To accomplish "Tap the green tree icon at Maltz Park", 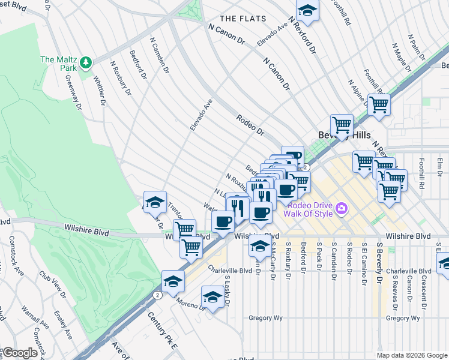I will click(x=86, y=61).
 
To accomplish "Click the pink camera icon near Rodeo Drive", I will click(x=342, y=209).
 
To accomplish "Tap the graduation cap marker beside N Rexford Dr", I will click(x=307, y=10).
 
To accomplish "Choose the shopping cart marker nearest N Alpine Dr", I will click(x=379, y=105).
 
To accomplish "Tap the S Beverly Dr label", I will click(x=380, y=263).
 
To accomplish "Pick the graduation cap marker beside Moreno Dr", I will click(x=212, y=298).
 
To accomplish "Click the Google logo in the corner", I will click(x=20, y=353).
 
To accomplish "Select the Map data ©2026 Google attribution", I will click(x=411, y=355).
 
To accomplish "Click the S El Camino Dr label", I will click(x=364, y=263).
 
